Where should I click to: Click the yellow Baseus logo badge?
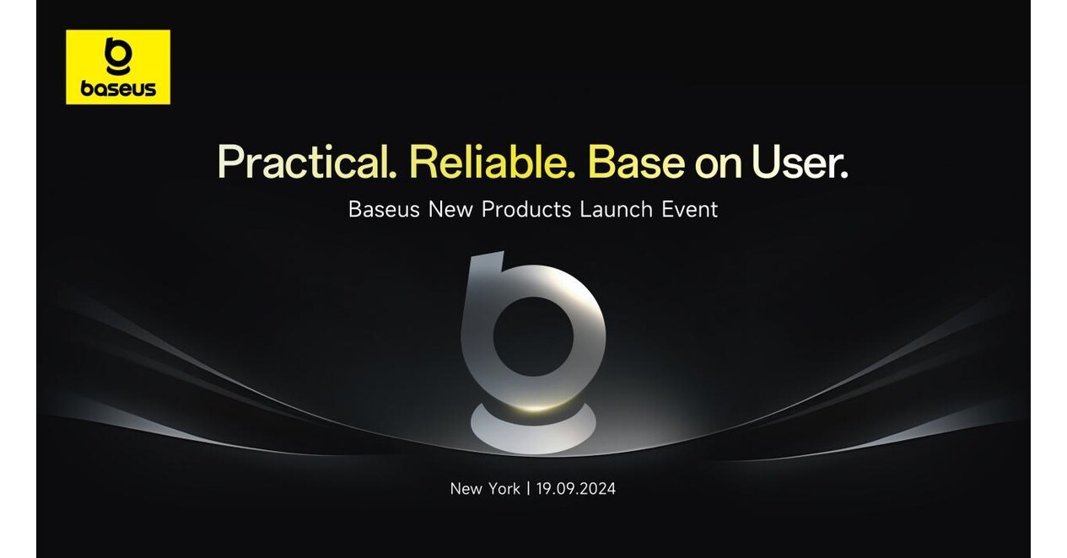point(118,67)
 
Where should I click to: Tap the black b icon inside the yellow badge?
point(117,56)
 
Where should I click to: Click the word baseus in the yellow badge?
point(118,89)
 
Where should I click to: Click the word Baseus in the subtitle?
point(384,209)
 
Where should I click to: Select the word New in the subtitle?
point(450,209)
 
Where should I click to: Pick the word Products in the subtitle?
point(526,209)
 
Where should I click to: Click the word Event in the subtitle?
point(691,209)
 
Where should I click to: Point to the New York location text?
point(485,488)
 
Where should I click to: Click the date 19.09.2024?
point(576,488)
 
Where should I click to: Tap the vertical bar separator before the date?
point(528,488)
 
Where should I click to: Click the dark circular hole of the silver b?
point(533,336)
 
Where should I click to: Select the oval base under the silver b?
point(532,427)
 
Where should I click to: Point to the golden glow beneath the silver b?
point(533,406)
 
